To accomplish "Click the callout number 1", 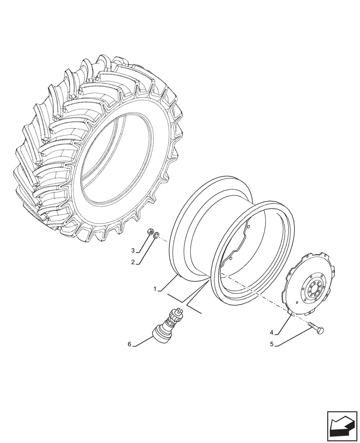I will click(x=155, y=289).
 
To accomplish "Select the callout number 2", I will click(x=133, y=262).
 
